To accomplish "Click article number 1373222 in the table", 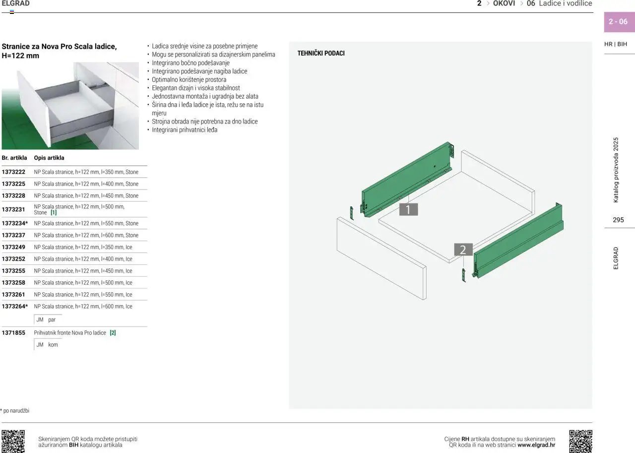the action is [x=13, y=172].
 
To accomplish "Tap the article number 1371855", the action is [x=13, y=332].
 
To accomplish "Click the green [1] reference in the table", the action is [x=54, y=212].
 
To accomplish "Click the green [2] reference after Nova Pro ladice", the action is [x=113, y=332].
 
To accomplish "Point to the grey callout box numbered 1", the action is [x=408, y=209].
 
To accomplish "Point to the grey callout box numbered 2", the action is [x=463, y=250].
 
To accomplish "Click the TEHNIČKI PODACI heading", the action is [x=321, y=53].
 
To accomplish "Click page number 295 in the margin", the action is [x=618, y=220].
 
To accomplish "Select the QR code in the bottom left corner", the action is [x=13, y=441].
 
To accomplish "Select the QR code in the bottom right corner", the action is [x=580, y=441].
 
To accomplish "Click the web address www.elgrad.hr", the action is [x=536, y=445].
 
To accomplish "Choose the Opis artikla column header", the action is [x=49, y=158].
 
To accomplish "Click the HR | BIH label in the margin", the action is [x=616, y=44].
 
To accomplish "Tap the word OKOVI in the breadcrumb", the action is [x=504, y=3].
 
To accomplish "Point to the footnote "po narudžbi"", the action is [x=15, y=410].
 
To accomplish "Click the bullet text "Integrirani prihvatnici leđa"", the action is [x=185, y=130].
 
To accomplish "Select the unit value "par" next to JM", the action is [x=52, y=320].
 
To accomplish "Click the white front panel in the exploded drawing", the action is [x=381, y=258].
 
